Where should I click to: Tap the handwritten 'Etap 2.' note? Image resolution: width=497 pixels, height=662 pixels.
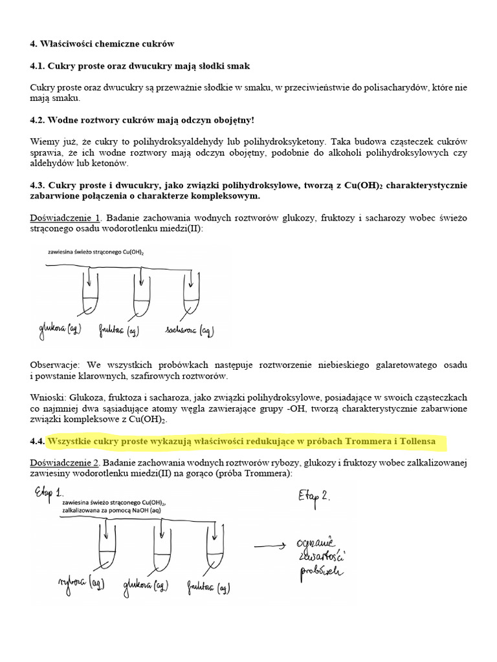point(315,496)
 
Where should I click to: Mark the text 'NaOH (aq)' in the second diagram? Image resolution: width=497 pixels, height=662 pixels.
point(140,511)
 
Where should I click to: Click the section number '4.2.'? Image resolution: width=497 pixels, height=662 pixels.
point(38,120)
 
